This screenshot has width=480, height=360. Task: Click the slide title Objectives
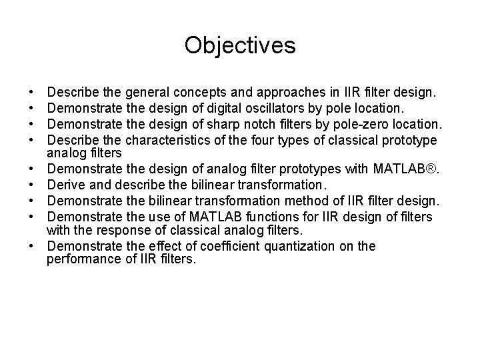(x=240, y=45)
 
